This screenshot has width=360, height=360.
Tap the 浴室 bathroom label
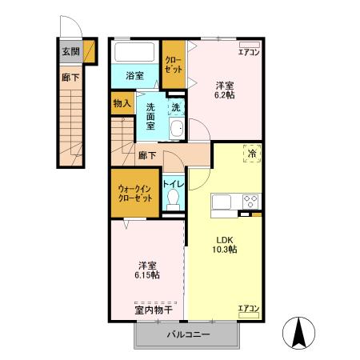[134, 76]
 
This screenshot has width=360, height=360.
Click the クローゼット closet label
[173, 65]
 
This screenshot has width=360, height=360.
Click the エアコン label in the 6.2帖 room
[249, 53]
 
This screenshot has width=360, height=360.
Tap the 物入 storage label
[122, 103]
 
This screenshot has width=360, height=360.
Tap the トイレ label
[173, 185]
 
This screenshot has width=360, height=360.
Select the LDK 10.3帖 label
[225, 243]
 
